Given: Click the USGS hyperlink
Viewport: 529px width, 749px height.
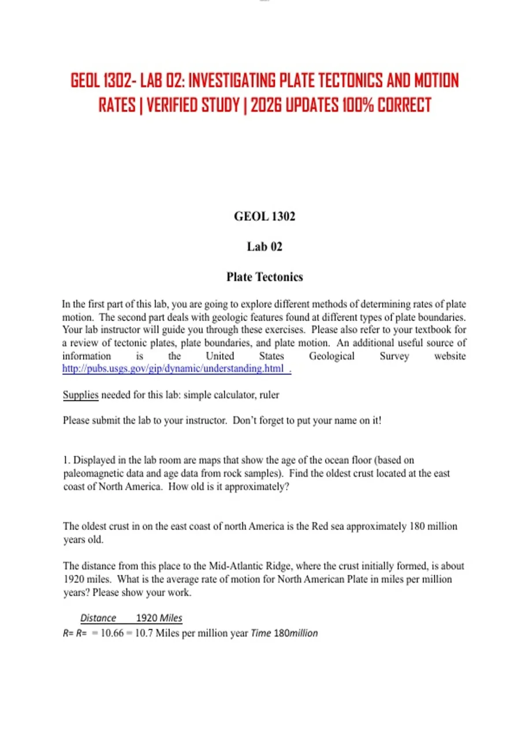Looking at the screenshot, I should click(x=176, y=369).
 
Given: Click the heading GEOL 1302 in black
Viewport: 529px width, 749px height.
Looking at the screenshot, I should click(x=264, y=216).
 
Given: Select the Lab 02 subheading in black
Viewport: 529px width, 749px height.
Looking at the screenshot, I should click(x=264, y=247).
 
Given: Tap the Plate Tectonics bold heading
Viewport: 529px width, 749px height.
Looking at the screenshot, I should click(x=264, y=277).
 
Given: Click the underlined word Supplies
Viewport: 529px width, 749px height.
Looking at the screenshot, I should click(x=81, y=395).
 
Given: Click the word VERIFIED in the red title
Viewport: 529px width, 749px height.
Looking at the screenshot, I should click(x=193, y=105).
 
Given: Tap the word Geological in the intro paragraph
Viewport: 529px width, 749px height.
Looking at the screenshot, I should click(x=332, y=356).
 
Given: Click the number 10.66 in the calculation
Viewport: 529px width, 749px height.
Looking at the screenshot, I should click(x=112, y=633).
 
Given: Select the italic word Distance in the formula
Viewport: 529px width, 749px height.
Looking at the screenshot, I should click(x=98, y=618).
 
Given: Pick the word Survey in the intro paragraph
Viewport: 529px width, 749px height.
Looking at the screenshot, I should click(x=394, y=356).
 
